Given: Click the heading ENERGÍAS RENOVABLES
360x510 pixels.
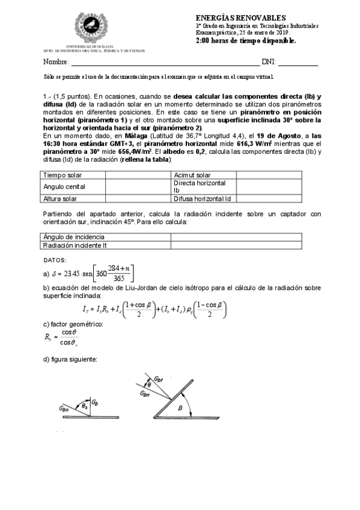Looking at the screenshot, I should coord(241,19).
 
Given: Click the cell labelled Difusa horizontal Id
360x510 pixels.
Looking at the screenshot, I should coord(202,198).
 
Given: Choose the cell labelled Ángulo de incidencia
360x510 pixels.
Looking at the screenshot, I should coord(73,237).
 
